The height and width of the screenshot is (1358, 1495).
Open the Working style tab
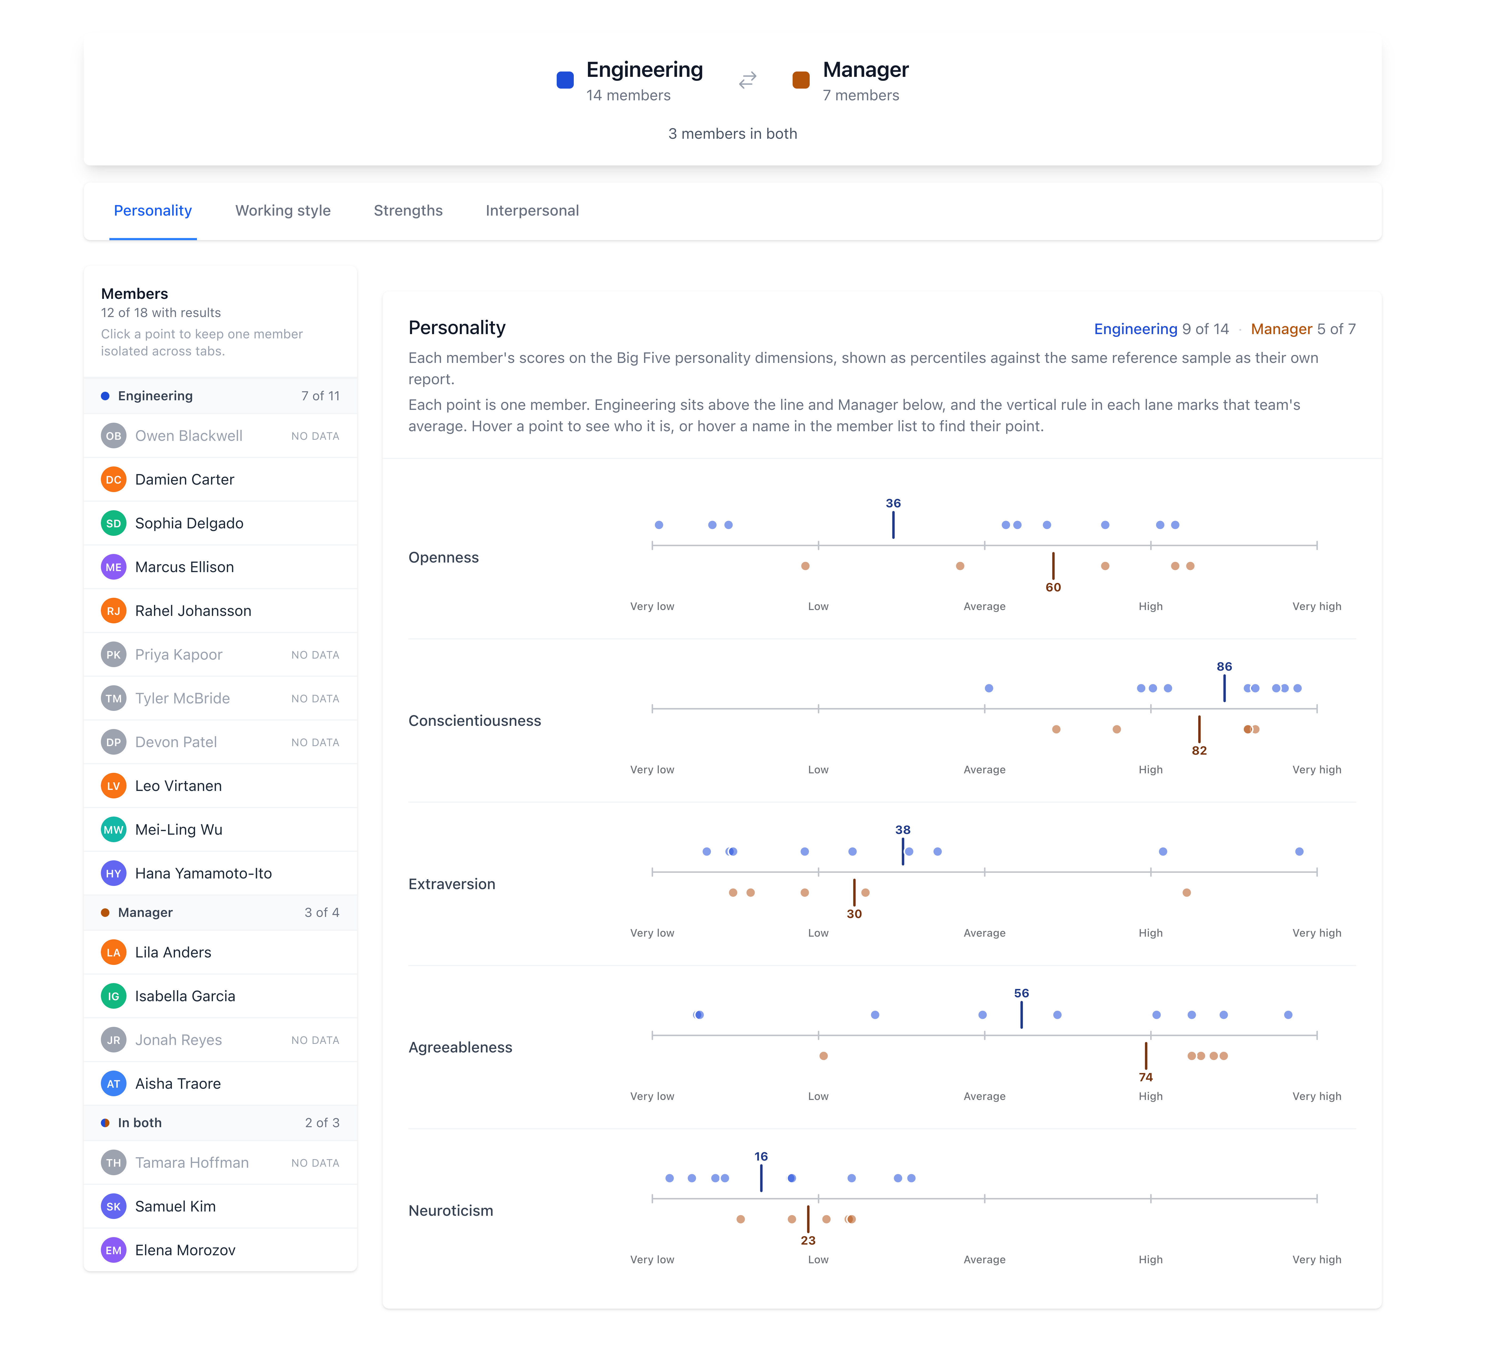tap(283, 211)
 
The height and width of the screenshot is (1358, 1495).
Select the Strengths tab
tap(408, 211)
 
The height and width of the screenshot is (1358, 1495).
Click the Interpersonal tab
tap(532, 211)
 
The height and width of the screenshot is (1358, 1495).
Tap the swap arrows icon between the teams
tap(747, 79)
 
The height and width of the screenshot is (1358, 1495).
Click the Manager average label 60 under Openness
tap(1053, 587)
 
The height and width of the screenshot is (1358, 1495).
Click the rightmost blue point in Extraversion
tap(1299, 852)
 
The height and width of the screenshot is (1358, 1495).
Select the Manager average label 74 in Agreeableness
tap(1146, 1077)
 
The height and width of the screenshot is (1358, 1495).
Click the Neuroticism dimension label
tap(451, 1210)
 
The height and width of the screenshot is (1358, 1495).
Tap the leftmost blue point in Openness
tap(659, 525)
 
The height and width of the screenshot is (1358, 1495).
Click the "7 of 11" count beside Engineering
tap(320, 396)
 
